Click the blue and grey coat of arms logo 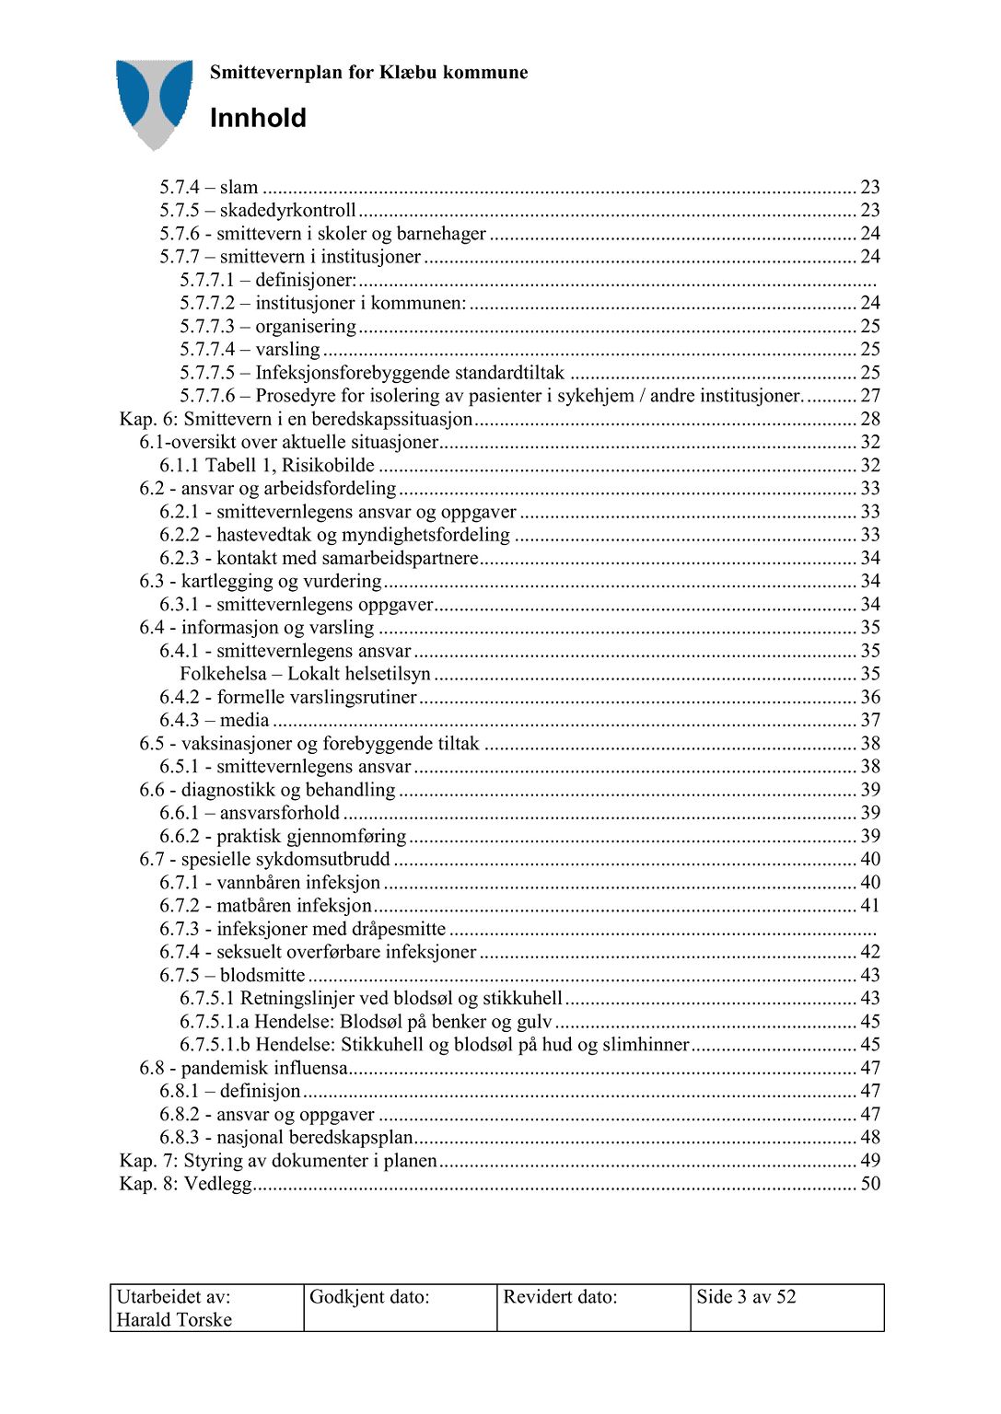(x=154, y=102)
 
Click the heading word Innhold (x=258, y=118)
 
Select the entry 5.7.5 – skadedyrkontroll (x=258, y=211)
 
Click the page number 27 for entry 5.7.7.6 (x=870, y=396)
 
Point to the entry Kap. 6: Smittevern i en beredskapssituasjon (x=296, y=419)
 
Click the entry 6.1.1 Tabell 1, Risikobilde (x=267, y=466)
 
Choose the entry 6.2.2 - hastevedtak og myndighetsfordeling (x=334, y=535)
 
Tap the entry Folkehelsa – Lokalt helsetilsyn (x=305, y=674)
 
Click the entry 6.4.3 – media (x=215, y=720)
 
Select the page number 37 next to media (x=870, y=720)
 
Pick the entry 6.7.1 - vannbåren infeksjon (x=270, y=883)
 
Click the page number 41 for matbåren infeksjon (x=870, y=906)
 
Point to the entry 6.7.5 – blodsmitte (x=232, y=975)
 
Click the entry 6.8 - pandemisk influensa (x=243, y=1068)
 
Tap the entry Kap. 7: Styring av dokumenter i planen (x=278, y=1161)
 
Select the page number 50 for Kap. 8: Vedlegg (x=870, y=1184)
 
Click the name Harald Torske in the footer (x=174, y=1319)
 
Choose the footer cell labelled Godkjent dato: (x=369, y=1297)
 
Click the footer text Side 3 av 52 (x=746, y=1297)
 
